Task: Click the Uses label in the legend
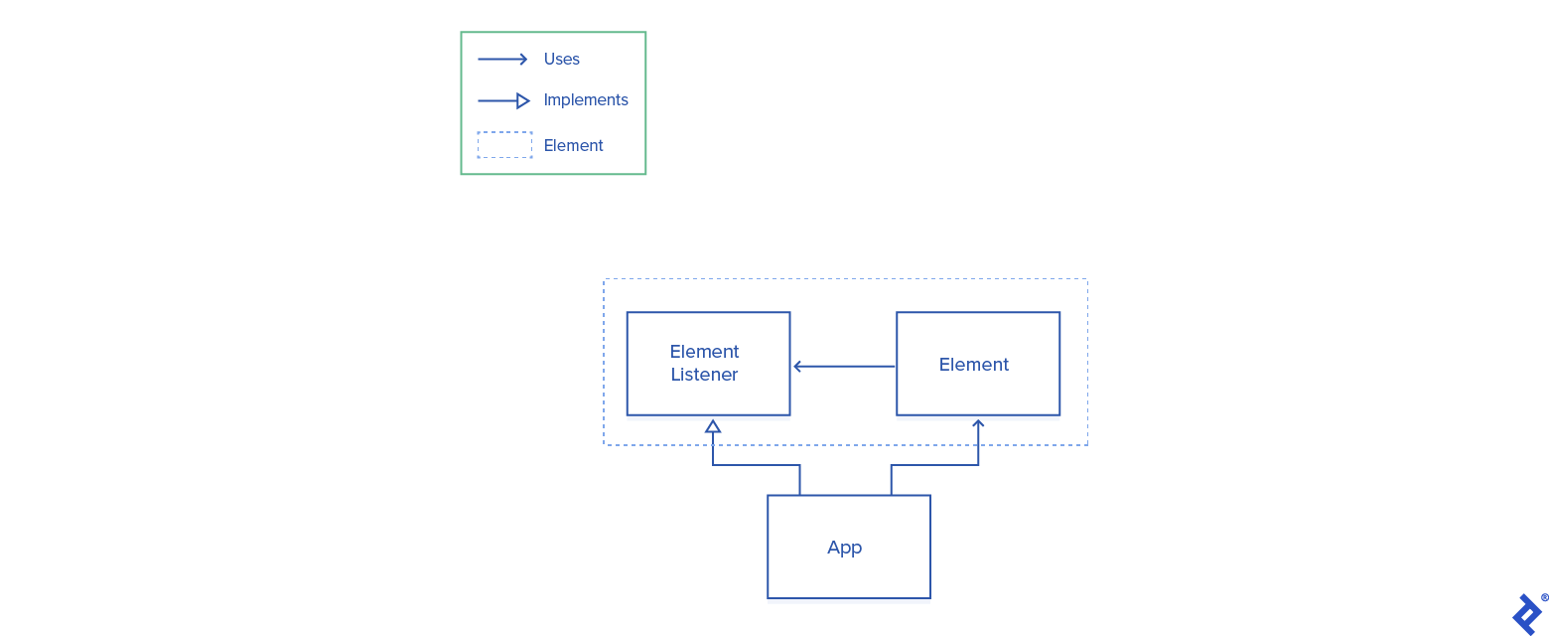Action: [561, 60]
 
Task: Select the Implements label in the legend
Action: [586, 100]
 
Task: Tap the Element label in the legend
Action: [573, 146]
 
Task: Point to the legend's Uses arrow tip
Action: [524, 60]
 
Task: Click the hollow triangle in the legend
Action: [523, 100]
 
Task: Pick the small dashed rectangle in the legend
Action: [504, 145]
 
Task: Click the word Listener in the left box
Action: [704, 375]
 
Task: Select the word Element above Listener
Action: [704, 352]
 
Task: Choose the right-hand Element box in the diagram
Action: [977, 364]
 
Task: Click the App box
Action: [848, 547]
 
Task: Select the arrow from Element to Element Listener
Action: [844, 367]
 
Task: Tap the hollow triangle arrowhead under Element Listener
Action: [712, 426]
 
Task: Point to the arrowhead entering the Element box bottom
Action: [978, 423]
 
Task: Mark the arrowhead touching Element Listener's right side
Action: [796, 367]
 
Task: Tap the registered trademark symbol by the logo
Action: [1544, 598]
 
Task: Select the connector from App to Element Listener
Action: [755, 465]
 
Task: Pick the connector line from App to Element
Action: [933, 465]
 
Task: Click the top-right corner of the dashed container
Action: [1087, 279]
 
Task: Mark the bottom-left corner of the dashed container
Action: [604, 445]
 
